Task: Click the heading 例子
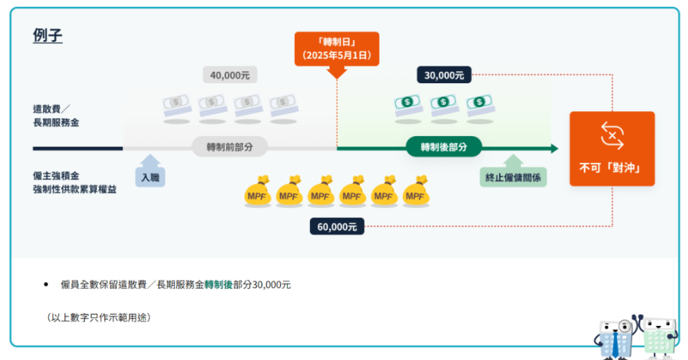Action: click(48, 36)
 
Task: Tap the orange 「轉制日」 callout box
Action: click(336, 48)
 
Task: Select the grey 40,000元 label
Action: click(231, 75)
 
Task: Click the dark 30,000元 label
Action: click(444, 75)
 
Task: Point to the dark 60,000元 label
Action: click(337, 225)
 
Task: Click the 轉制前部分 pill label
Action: click(230, 146)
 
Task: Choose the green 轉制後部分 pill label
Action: click(443, 146)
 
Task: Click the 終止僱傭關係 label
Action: click(514, 178)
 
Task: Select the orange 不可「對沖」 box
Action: click(612, 149)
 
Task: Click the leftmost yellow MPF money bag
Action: click(258, 193)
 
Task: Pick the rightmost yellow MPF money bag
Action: click(416, 193)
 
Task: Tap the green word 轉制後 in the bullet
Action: click(218, 284)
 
